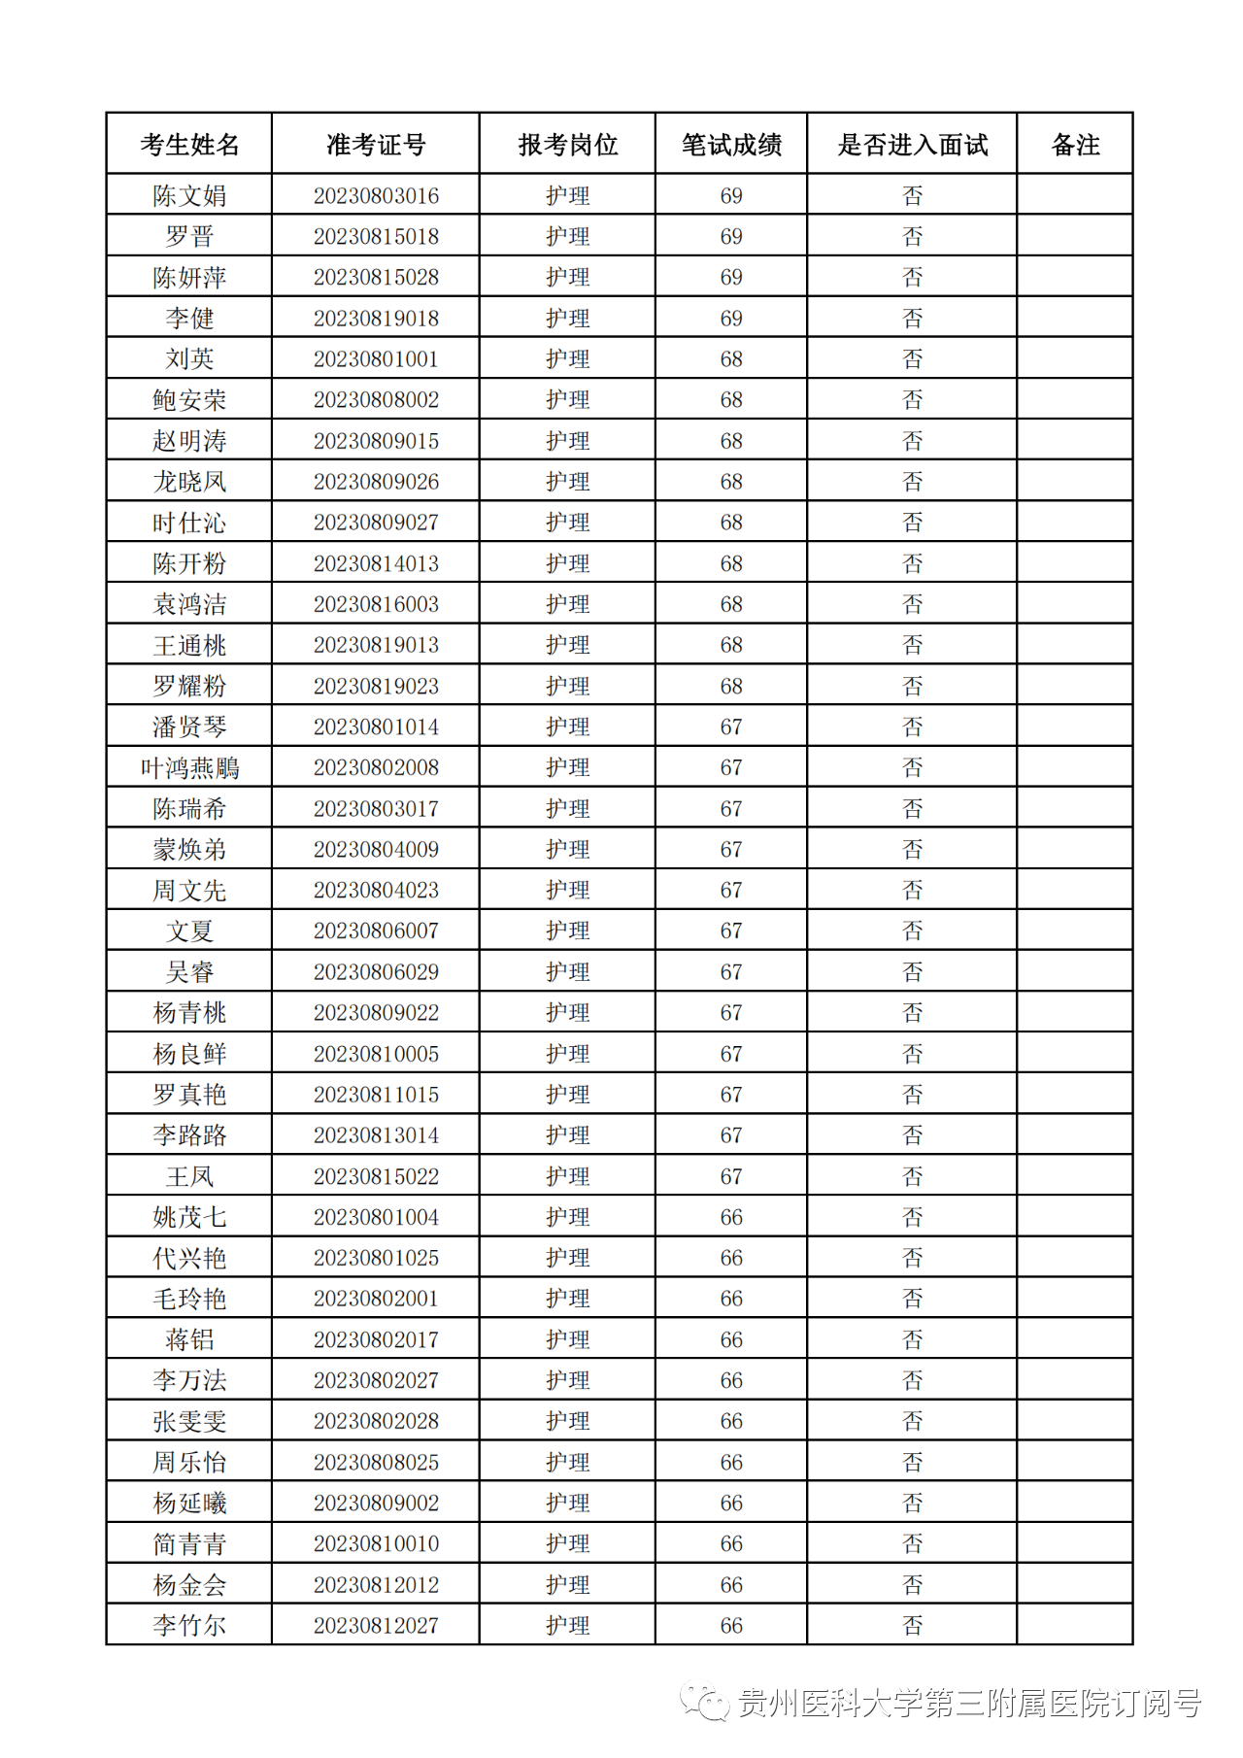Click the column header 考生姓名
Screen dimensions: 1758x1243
tap(189, 145)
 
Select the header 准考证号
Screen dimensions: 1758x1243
tap(376, 145)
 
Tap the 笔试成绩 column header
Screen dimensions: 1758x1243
tap(731, 145)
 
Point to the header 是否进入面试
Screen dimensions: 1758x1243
tap(912, 145)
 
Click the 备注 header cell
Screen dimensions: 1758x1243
tap(1075, 145)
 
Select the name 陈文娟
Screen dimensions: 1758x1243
tap(189, 195)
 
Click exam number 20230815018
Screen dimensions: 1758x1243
tap(376, 236)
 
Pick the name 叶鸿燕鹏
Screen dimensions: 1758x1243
tap(189, 768)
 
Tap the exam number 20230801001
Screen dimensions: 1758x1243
tap(376, 359)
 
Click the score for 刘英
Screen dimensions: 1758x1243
tap(731, 359)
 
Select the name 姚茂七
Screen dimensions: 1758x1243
tap(189, 1217)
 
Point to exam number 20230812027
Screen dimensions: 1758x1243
tap(376, 1626)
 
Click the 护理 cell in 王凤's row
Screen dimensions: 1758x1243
tap(568, 1176)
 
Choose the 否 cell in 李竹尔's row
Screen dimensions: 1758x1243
tap(912, 1626)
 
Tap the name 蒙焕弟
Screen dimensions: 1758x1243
tap(189, 850)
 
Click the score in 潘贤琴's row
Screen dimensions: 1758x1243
tap(731, 727)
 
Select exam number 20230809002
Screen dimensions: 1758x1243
tap(376, 1504)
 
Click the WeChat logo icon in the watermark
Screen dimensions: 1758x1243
tap(705, 1702)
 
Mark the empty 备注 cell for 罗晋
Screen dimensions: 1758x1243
tap(1075, 236)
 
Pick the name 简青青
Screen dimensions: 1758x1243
tap(189, 1544)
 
